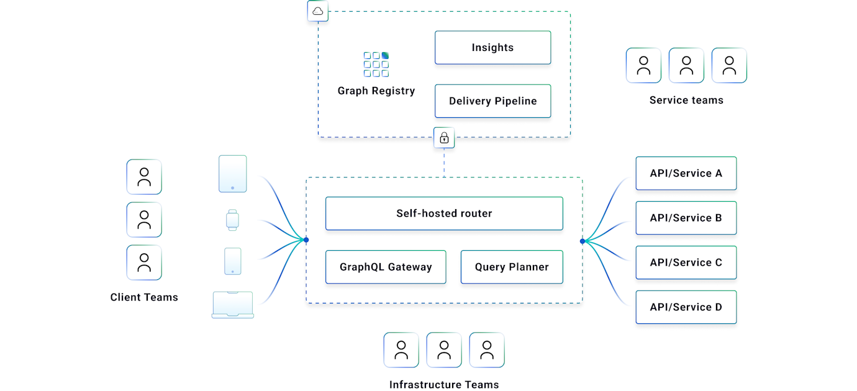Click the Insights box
(492, 48)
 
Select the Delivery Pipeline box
(492, 101)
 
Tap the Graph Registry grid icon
(376, 65)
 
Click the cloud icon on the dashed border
(318, 11)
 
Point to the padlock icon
(444, 138)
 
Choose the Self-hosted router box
(444, 213)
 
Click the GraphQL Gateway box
(386, 267)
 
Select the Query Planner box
(512, 267)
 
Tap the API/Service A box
(686, 173)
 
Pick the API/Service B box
(686, 218)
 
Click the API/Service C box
(686, 263)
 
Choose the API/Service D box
(686, 307)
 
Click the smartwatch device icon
(232, 220)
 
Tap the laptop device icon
(233, 305)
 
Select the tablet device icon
(233, 174)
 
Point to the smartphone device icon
(233, 261)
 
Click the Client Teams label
(144, 297)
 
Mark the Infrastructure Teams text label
(444, 385)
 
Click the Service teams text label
(686, 100)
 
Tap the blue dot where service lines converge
(583, 241)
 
